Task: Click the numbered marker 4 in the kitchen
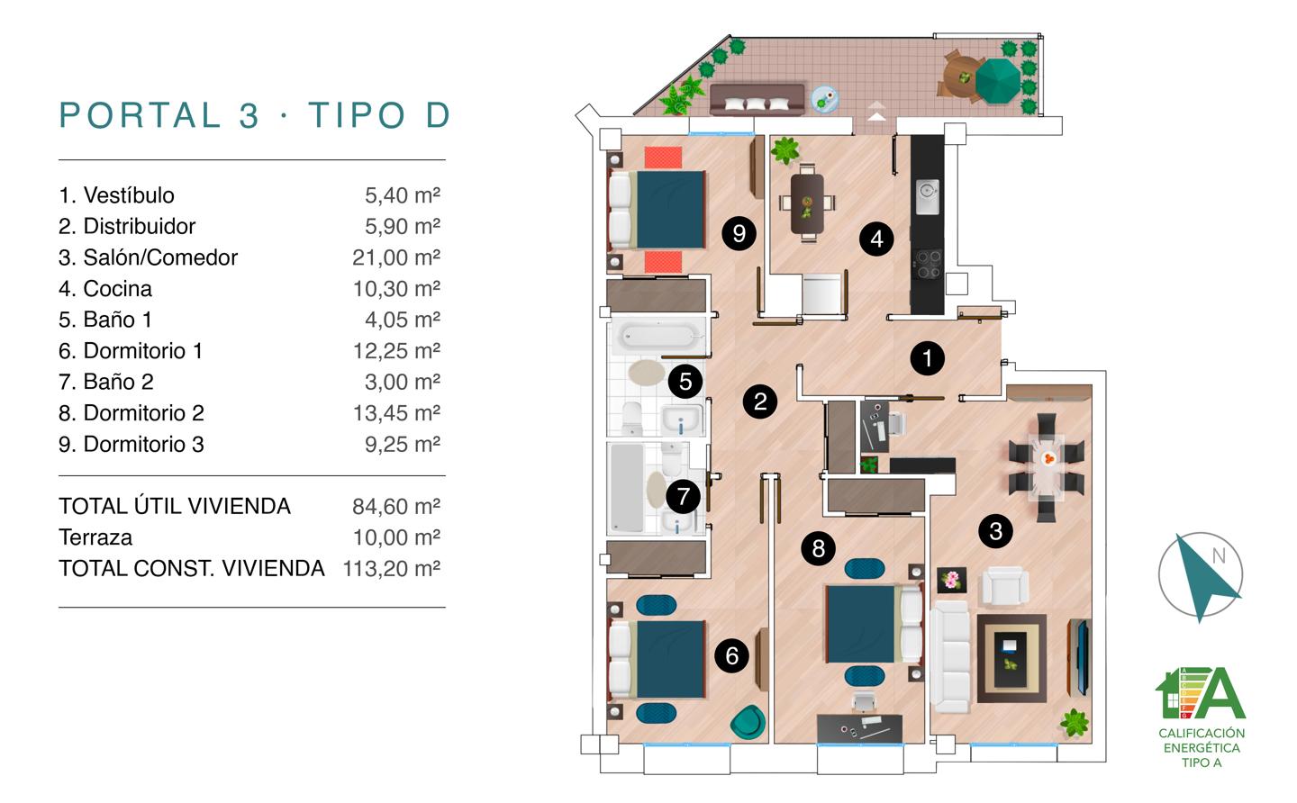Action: point(876,239)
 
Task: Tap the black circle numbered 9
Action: point(739,233)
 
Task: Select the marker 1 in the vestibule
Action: point(927,358)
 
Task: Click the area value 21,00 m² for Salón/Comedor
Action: point(396,257)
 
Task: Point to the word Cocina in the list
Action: point(117,289)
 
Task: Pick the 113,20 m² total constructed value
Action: point(392,569)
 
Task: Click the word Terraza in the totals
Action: point(95,537)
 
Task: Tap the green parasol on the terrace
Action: point(998,80)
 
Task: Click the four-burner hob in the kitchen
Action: point(928,265)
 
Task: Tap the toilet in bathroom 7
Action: point(672,460)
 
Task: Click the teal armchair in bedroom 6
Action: point(748,722)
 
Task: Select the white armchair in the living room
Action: point(1005,586)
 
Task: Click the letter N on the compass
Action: point(1219,556)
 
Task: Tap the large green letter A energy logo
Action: point(1220,692)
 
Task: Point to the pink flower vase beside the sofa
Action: point(952,580)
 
